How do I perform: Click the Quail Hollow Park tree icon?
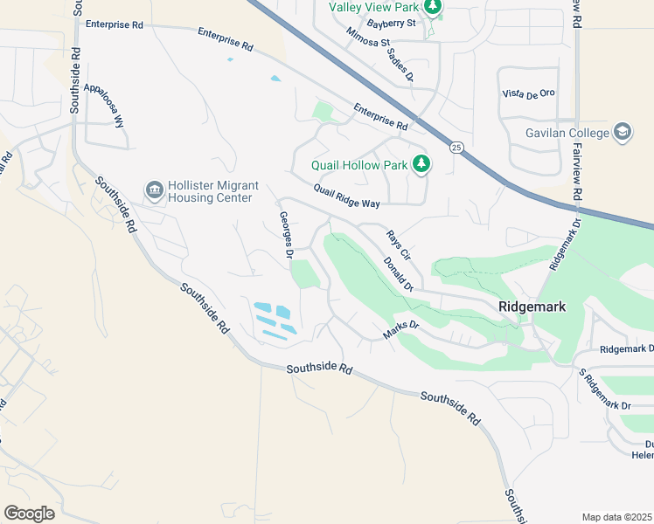[x=421, y=164]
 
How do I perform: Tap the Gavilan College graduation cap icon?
[x=623, y=132]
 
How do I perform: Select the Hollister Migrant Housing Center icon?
[x=154, y=190]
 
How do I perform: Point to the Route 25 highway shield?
[x=456, y=148]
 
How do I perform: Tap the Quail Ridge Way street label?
[x=347, y=196]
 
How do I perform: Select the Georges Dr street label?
[x=285, y=235]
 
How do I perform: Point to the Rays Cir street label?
[x=399, y=242]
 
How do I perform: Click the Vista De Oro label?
[x=530, y=93]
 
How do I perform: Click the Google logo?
[x=30, y=514]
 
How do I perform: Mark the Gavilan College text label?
[x=567, y=133]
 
